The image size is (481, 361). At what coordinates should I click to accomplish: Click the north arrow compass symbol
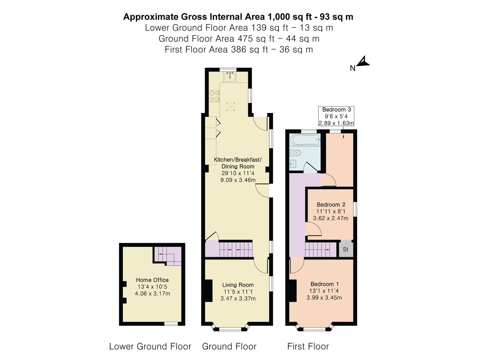click(363, 61)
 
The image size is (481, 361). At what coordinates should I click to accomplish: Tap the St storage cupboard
click(346, 249)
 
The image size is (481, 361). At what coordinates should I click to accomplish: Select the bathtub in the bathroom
click(305, 140)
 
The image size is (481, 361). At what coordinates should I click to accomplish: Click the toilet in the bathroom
click(295, 153)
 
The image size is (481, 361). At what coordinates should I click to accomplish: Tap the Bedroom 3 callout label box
click(336, 116)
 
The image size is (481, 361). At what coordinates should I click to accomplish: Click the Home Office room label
click(152, 280)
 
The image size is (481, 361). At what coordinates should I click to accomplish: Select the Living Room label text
click(238, 285)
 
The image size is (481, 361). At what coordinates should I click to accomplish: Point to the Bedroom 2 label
click(331, 205)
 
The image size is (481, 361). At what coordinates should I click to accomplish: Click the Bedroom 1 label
click(325, 284)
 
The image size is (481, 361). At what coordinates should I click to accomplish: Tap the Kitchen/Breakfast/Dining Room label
click(238, 163)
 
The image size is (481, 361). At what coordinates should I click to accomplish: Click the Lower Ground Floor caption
click(150, 347)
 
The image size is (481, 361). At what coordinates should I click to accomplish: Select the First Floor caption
click(308, 347)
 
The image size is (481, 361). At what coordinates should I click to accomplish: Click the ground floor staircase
click(229, 249)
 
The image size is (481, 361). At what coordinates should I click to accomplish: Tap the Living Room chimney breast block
click(209, 291)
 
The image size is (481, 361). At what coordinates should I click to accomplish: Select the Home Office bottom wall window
click(171, 324)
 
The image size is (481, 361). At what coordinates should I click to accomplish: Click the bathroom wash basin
click(293, 164)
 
